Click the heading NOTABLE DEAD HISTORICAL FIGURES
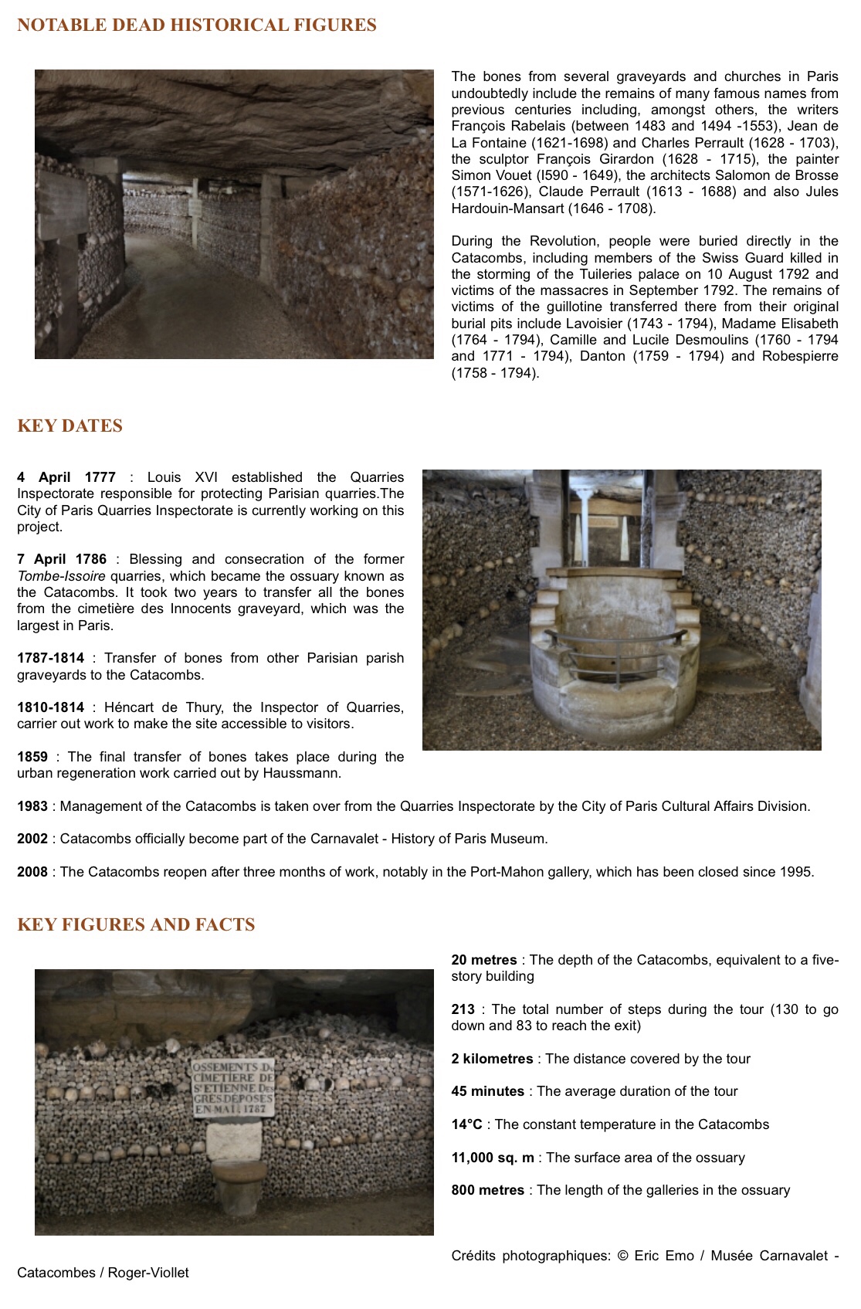pyautogui.click(x=197, y=25)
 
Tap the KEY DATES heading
pyautogui.click(x=69, y=426)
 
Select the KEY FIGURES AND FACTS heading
pyautogui.click(x=136, y=925)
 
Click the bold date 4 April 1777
pyautogui.click(x=66, y=477)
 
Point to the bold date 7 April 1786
pyautogui.click(x=62, y=559)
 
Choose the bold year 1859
pyautogui.click(x=32, y=757)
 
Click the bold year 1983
pyautogui.click(x=32, y=806)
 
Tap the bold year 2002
pyautogui.click(x=32, y=839)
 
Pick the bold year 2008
pyautogui.click(x=32, y=872)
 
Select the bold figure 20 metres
pyautogui.click(x=484, y=960)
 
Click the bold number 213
pyautogui.click(x=463, y=1009)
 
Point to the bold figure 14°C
pyautogui.click(x=466, y=1124)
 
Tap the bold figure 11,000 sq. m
pyautogui.click(x=493, y=1158)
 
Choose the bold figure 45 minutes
pyautogui.click(x=488, y=1091)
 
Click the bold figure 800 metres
pyautogui.click(x=488, y=1190)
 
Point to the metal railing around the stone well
pyautogui.click(x=619, y=639)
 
